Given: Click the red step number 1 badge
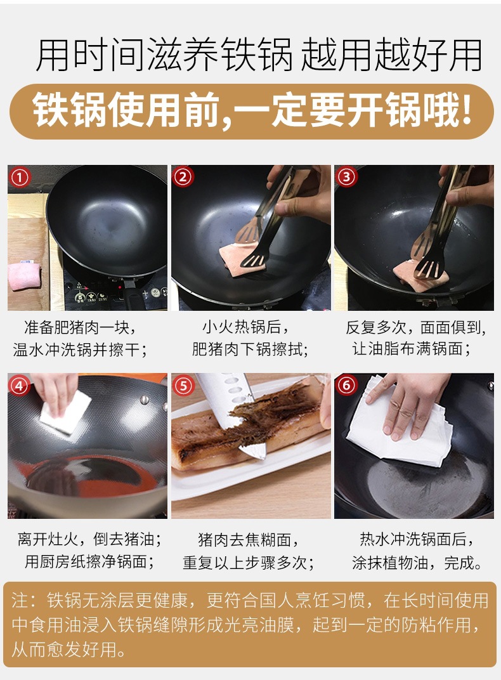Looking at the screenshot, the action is pos(20,178).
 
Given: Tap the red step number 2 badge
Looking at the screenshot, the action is pos(183,177).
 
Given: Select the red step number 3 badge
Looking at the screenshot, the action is pos(346,177).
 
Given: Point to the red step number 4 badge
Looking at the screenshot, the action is pos(20,386).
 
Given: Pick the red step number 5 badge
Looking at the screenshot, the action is pos(183,386).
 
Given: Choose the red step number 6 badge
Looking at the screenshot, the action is pos(346,385).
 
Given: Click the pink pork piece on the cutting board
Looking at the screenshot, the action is pos(24,275).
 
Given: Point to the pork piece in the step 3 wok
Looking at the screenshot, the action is pos(420,274).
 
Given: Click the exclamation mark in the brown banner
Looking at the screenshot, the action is pos(467,109).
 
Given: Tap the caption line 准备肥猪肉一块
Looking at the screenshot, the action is pos(80,327).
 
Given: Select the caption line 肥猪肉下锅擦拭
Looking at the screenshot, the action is pos(250,349).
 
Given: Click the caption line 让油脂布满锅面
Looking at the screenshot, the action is pos(412,349).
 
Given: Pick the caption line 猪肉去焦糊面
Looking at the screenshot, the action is pos(249,540).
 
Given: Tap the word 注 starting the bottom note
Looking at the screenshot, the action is pos(20,601).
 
